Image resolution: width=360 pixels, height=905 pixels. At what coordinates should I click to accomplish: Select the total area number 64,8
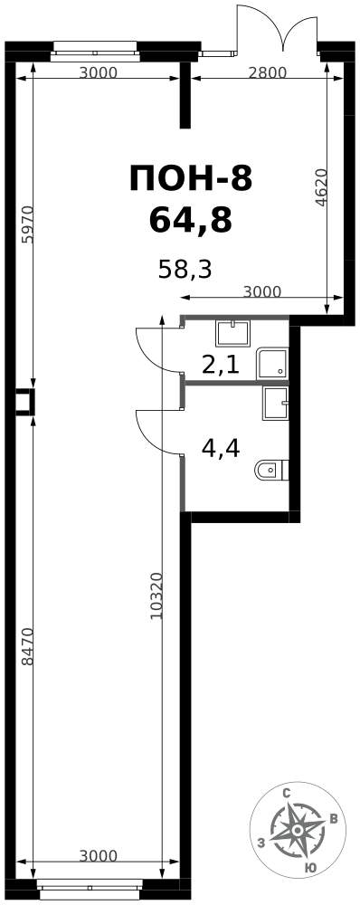pyautogui.click(x=191, y=220)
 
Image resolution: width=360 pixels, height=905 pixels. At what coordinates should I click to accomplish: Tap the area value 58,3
pyautogui.click(x=185, y=269)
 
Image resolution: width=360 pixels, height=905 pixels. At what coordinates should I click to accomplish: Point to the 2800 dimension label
pyautogui.click(x=268, y=72)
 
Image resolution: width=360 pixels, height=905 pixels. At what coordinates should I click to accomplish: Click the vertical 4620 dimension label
pyautogui.click(x=323, y=187)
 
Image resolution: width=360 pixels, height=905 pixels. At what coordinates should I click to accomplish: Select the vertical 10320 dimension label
pyautogui.click(x=156, y=596)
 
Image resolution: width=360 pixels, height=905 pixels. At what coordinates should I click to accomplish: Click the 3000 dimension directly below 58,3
pyautogui.click(x=262, y=291)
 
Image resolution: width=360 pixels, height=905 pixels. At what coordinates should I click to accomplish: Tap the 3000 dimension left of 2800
pyautogui.click(x=98, y=72)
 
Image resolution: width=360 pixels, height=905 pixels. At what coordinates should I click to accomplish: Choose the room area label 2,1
pyautogui.click(x=220, y=365)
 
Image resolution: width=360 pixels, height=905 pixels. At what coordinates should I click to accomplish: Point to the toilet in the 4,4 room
pyautogui.click(x=271, y=471)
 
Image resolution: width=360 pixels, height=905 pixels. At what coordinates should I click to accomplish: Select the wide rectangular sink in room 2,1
pyautogui.click(x=232, y=334)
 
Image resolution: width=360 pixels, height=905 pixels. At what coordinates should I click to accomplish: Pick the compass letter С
pyautogui.click(x=286, y=793)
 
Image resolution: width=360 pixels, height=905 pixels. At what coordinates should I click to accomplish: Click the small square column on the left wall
pyautogui.click(x=24, y=403)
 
